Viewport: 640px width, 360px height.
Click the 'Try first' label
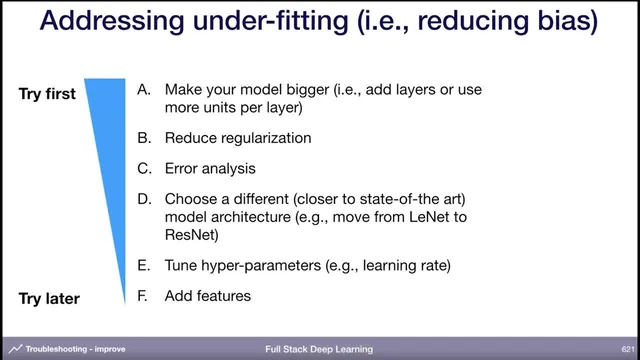coord(47,95)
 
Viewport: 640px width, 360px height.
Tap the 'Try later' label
coord(49,298)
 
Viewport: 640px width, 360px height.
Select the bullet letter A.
coord(144,90)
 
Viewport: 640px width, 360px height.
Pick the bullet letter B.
coord(144,138)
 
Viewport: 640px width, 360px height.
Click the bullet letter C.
coord(144,169)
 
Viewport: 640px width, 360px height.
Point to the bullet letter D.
coord(144,199)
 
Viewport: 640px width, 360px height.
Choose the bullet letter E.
coord(144,265)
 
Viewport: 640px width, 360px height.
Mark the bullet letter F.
coord(144,296)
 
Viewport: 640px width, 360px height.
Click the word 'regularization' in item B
coord(264,138)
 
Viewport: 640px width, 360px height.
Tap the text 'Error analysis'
coord(210,169)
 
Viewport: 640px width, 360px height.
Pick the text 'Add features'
coord(207,296)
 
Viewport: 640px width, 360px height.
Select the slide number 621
coord(627,350)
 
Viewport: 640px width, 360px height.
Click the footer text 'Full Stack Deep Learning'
coord(319,350)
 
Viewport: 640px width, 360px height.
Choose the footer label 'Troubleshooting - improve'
coord(75,350)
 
